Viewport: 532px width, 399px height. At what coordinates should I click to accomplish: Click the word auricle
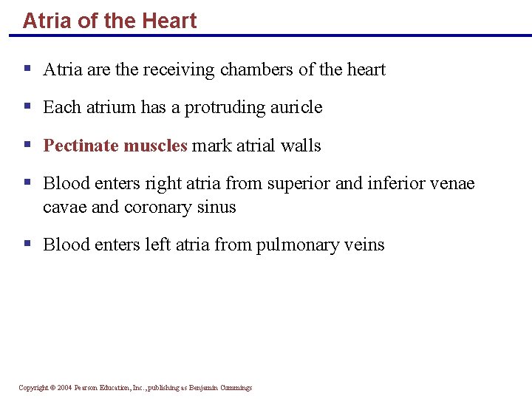[295, 108]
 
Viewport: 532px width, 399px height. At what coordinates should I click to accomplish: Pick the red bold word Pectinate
[81, 146]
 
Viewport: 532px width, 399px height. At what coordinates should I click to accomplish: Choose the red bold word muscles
[155, 146]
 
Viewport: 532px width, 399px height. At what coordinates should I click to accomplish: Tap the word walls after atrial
[301, 146]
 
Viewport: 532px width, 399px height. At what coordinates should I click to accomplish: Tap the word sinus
[217, 207]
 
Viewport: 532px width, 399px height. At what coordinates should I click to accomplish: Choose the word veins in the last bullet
[363, 245]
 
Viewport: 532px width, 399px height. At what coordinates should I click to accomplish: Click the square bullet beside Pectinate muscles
[27, 143]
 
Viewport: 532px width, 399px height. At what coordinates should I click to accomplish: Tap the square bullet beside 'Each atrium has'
[27, 106]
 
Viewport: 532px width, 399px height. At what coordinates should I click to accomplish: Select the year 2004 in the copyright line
[64, 388]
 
